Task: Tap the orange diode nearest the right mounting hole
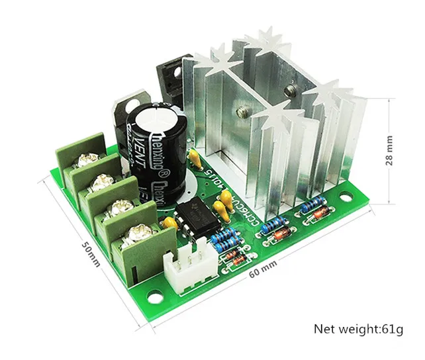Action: click(316, 214)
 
